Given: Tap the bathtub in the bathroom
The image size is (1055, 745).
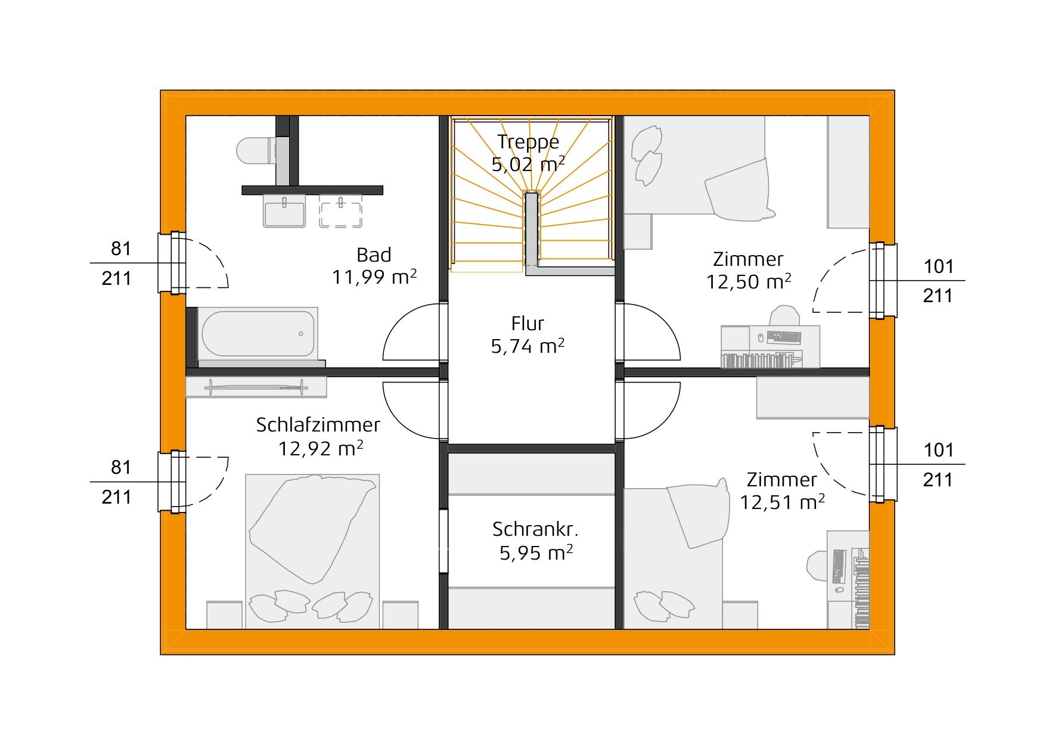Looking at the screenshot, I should pos(257,333).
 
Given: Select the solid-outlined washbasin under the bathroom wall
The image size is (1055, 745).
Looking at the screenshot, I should pos(284,213).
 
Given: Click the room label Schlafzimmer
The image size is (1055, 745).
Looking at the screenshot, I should pos(318,425).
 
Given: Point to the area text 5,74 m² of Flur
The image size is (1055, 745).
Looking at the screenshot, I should pos(527,346).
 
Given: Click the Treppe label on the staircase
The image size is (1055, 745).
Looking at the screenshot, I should pos(528,142).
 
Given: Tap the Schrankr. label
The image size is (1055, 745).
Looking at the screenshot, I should pos(535,529).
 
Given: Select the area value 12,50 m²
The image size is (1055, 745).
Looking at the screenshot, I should pos(748,282).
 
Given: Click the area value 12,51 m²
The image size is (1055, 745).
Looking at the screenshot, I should pos(782,502).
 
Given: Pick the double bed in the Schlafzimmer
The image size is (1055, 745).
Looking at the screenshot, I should pos(312,551).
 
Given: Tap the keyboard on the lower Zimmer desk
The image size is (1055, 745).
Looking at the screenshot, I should pos(838,566).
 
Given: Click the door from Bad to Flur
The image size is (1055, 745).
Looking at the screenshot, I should pos(413,331).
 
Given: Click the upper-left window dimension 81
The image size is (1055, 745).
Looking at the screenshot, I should pos(121,249).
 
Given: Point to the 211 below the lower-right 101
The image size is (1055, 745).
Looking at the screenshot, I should pos(938,480).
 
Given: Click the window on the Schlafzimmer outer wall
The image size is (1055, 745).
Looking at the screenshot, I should pos(173,482).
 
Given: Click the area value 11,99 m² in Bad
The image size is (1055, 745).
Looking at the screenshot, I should pos(374,277).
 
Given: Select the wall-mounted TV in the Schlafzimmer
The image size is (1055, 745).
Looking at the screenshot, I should pos(256,388).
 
